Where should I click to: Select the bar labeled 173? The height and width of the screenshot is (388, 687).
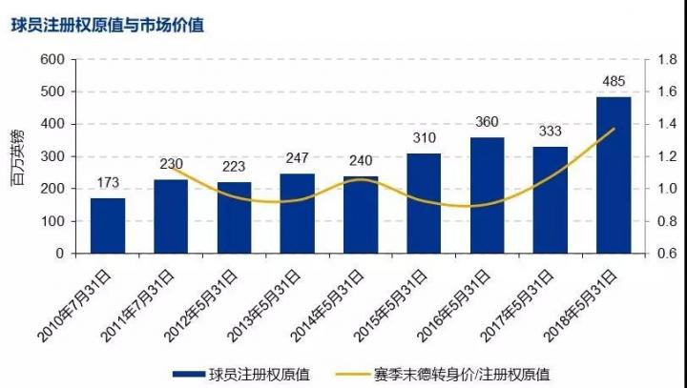pos(108,226)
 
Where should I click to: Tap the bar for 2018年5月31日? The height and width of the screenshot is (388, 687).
pos(614,175)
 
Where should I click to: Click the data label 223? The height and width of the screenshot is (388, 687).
pos(234,167)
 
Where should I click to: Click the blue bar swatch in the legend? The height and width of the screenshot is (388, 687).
pos(196,375)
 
